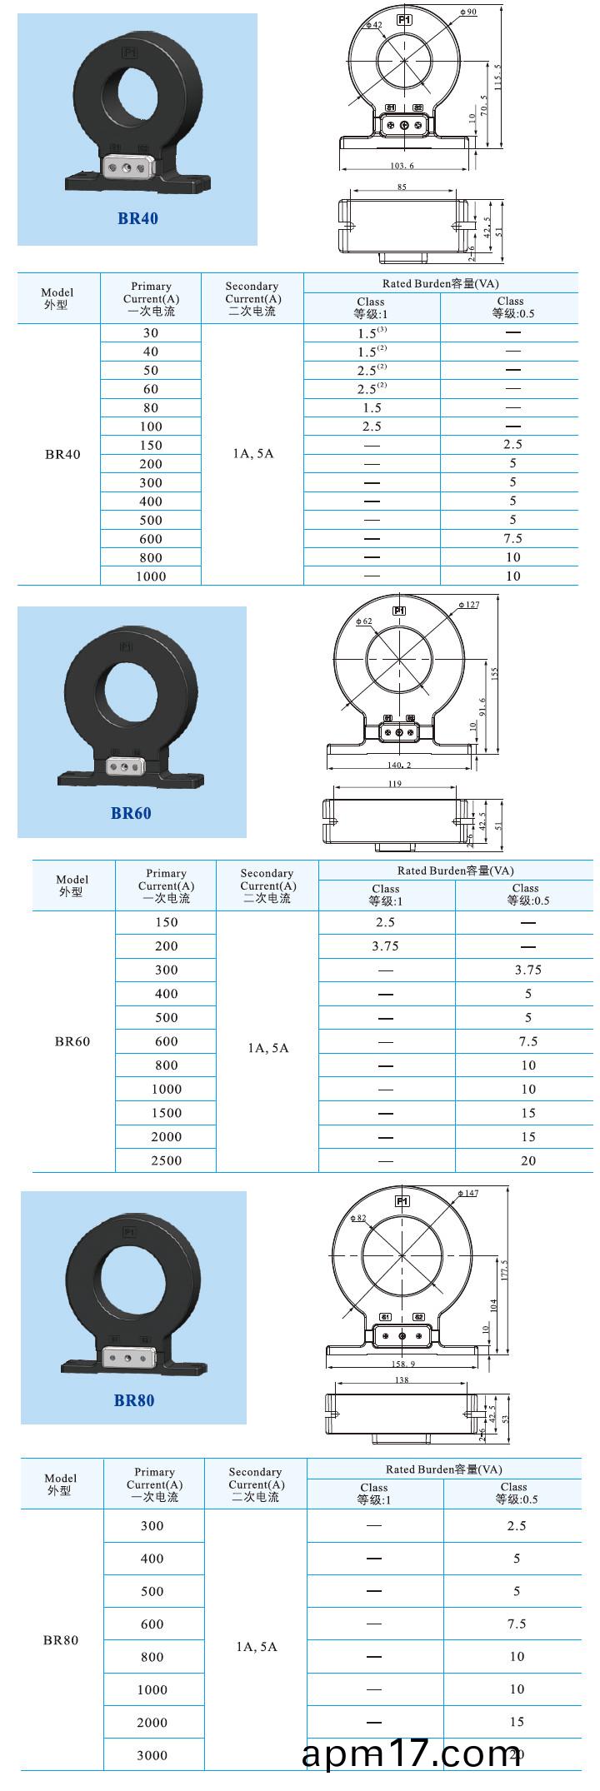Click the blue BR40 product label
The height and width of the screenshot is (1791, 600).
tap(137, 218)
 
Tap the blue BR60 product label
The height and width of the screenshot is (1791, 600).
tap(131, 813)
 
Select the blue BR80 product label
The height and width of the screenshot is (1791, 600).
tap(134, 1400)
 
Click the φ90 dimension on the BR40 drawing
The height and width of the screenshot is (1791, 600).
tap(468, 12)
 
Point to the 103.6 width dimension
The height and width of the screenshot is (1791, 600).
tap(402, 166)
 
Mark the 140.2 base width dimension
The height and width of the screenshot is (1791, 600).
tap(400, 764)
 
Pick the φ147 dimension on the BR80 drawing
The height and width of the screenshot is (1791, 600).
tap(468, 1193)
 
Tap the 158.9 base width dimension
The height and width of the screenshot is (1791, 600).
tap(402, 1364)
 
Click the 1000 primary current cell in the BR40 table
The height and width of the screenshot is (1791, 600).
tap(151, 576)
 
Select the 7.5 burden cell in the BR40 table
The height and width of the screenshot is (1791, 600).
tap(512, 539)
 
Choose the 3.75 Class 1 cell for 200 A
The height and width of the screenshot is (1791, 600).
tap(385, 946)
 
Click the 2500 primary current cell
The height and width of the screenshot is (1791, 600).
tap(166, 1160)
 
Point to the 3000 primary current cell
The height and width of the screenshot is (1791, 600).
tap(152, 1755)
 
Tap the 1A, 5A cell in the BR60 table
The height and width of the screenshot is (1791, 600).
tap(267, 1048)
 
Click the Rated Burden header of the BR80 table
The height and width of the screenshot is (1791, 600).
tap(443, 1469)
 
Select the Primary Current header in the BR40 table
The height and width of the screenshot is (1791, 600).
tap(151, 298)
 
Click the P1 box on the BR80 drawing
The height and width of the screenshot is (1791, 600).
tap(402, 1201)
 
